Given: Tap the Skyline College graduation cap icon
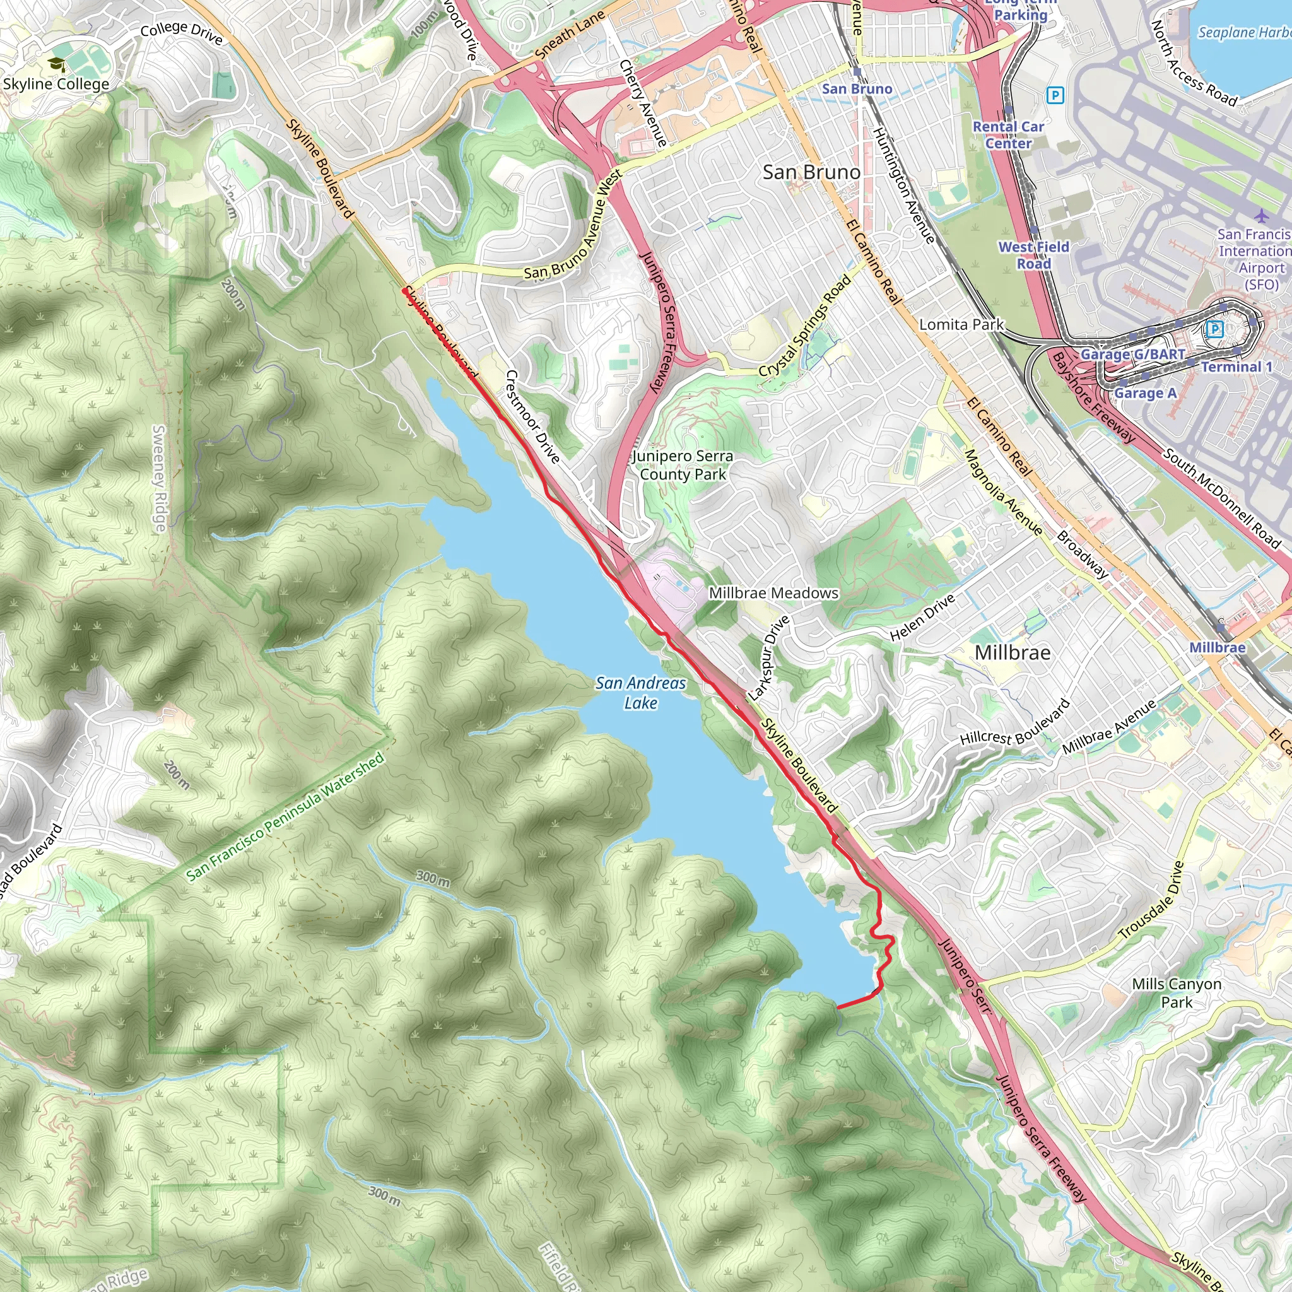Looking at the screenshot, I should pos(57,64).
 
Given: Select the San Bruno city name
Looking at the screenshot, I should pos(811,172).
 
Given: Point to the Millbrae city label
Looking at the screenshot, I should pos(1012,652).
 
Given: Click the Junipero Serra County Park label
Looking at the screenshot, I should pos(683,465).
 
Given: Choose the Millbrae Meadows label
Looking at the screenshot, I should pos(773,593).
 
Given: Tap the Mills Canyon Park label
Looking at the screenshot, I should pos(1177,993).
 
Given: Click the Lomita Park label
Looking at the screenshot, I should pos(961,324).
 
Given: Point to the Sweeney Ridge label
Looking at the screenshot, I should pos(159,478).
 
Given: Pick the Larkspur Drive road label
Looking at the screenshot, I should pos(769,659).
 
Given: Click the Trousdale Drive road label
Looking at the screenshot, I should pos(1151,901).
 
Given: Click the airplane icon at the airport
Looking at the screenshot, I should pos(1260,215).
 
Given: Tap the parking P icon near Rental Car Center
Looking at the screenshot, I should pos(1055,96).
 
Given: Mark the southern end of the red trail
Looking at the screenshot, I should pos(838,1007).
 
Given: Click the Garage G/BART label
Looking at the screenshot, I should pos(1132,355).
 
